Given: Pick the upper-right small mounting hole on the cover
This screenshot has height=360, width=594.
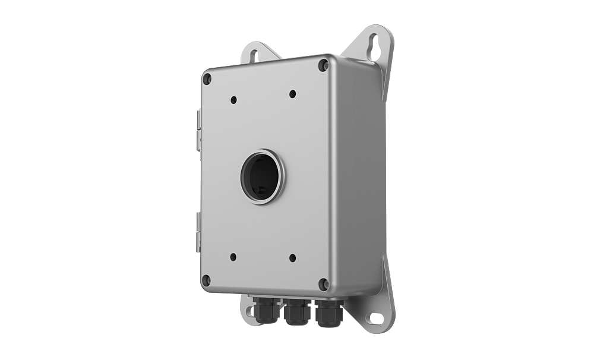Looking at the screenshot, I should tap(292, 94).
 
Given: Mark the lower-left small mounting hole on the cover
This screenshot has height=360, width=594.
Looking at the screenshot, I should tap(233, 257).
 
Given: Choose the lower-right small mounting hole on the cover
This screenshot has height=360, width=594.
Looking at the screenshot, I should tap(292, 258).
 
